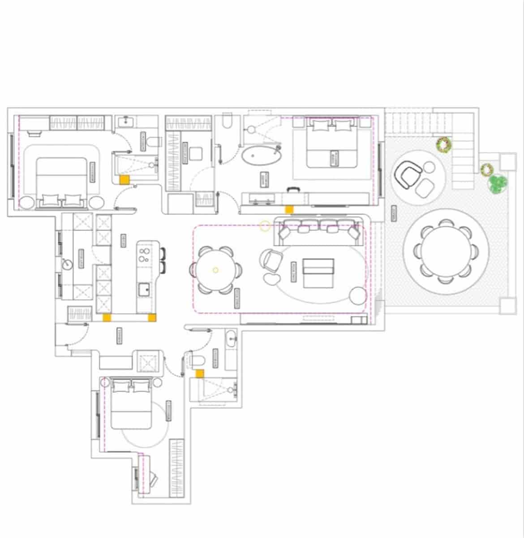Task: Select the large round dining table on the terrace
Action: click(446, 251)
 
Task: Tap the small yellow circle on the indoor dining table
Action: click(215, 270)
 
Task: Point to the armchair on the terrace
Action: click(408, 175)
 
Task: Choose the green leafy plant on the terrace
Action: click(498, 184)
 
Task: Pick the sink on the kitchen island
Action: click(144, 289)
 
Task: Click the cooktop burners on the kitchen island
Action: click(144, 253)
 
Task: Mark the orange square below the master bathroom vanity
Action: click(290, 209)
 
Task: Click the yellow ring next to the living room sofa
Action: click(265, 226)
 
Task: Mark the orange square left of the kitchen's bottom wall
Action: click(107, 317)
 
